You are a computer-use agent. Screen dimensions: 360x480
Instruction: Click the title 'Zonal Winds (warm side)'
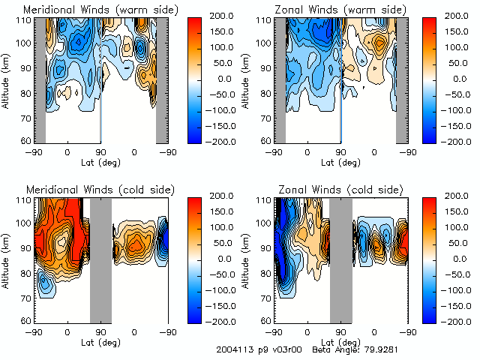click(x=325, y=9)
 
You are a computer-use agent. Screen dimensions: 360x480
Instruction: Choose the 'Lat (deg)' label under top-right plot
click(x=340, y=161)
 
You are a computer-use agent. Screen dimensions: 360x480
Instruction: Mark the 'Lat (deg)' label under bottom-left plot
click(x=100, y=341)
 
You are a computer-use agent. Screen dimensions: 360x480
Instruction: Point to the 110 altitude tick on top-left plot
click(x=24, y=19)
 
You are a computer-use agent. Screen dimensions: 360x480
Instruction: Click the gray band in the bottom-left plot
click(x=100, y=259)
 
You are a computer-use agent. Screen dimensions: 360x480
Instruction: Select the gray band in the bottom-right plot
click(x=340, y=259)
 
